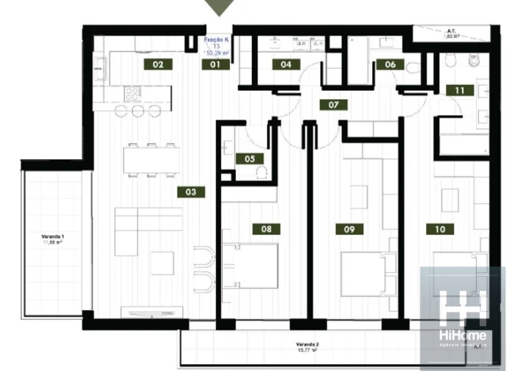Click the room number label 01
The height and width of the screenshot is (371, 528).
tap(215, 65)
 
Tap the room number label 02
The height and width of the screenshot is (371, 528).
tap(157, 64)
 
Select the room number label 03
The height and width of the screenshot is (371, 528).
tap(190, 192)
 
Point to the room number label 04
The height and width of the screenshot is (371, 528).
tap(286, 65)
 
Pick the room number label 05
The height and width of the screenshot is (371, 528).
tap(249, 158)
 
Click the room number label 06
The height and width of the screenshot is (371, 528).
tap(390, 65)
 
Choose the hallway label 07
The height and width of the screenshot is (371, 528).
tap(333, 105)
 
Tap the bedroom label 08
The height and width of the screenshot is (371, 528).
tap(266, 229)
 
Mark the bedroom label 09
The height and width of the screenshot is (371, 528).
tap(349, 229)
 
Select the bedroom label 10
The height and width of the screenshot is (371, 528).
tap(439, 229)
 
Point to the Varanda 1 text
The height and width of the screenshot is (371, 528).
tap(53, 238)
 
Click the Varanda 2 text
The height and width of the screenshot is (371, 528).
tap(306, 345)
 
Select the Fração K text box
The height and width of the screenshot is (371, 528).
tap(215, 45)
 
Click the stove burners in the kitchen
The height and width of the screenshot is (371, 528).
tap(133, 93)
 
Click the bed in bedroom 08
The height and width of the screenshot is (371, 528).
tap(250, 266)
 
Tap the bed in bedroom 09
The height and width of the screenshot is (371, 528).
tap(370, 273)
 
